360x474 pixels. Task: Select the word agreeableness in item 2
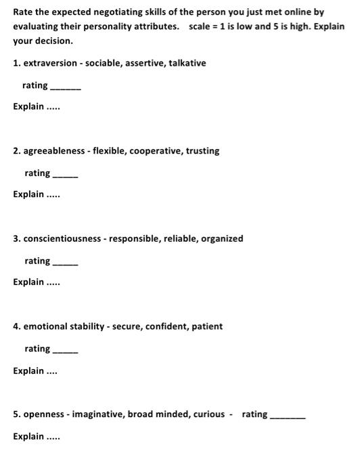click(x=54, y=151)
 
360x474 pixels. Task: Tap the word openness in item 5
click(x=44, y=414)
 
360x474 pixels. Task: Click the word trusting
click(x=203, y=151)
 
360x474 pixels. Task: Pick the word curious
click(x=209, y=414)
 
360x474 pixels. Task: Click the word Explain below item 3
click(x=28, y=282)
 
